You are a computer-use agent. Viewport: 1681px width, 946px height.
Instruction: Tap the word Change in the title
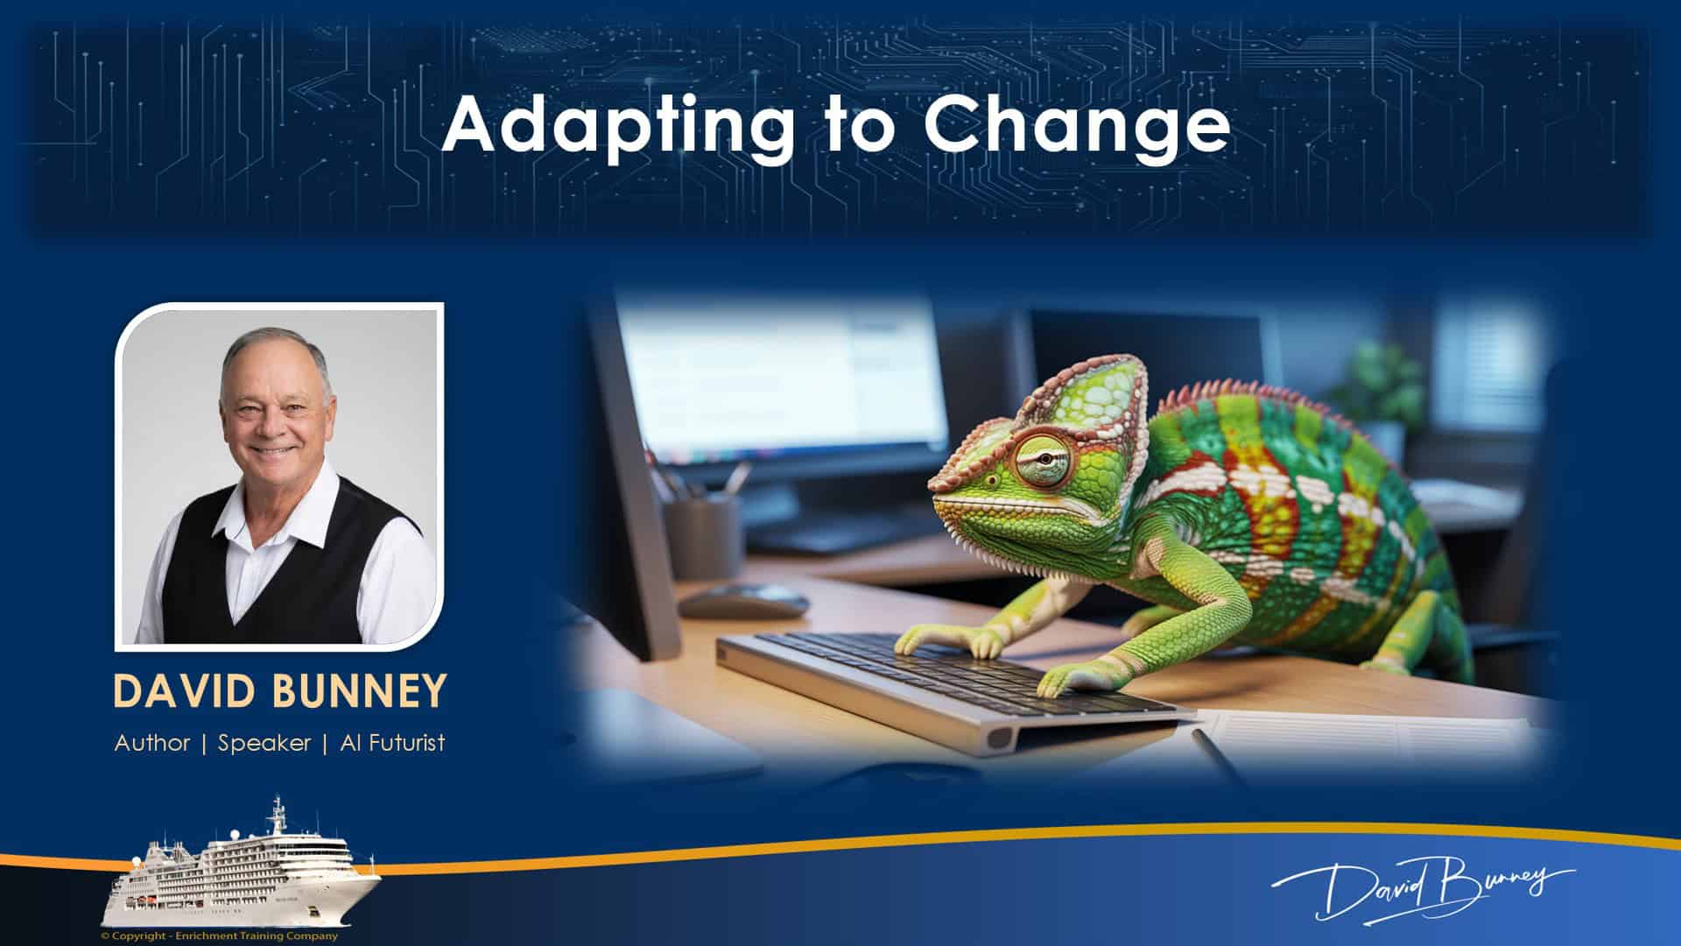click(1076, 125)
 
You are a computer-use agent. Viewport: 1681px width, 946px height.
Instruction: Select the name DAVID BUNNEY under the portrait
click(279, 691)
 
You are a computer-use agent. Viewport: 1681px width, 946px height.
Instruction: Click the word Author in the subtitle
click(152, 743)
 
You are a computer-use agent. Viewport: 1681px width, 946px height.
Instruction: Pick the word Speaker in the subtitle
click(264, 743)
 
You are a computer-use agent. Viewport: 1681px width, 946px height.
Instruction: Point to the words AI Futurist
click(392, 743)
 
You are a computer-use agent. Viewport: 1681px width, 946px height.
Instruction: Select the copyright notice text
click(219, 935)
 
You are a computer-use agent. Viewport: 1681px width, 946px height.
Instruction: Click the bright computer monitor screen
click(779, 377)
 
